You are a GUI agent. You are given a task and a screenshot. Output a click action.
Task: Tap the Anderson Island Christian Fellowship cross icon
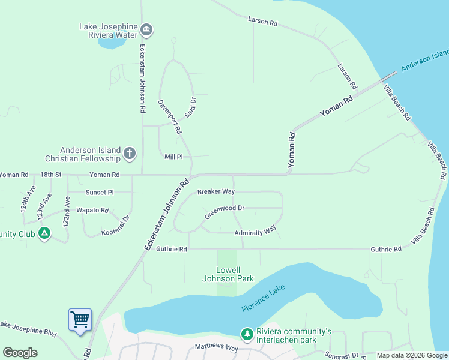click(130, 154)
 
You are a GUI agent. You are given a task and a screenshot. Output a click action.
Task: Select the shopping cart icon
click(80, 319)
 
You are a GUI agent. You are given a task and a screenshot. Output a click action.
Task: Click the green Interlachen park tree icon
click(246, 333)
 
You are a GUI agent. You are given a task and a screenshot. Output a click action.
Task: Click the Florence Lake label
click(264, 299)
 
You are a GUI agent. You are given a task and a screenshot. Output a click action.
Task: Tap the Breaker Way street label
click(215, 191)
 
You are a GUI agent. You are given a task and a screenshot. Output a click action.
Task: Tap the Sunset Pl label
click(100, 193)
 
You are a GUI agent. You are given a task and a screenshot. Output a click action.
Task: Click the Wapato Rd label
click(92, 211)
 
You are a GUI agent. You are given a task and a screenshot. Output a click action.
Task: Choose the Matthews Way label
click(217, 348)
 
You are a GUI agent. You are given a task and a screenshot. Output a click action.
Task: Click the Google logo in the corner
click(20, 353)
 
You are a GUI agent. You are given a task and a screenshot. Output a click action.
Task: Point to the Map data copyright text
click(411, 355)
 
